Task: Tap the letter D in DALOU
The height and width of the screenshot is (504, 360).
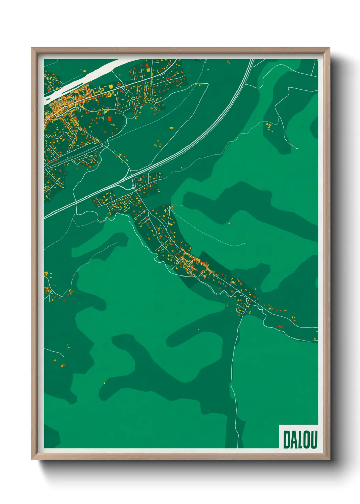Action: (287, 439)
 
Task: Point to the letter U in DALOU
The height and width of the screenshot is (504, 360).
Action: (314, 439)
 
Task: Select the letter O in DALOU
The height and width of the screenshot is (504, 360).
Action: (307, 439)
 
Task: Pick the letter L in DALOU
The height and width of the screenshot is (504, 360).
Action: (299, 439)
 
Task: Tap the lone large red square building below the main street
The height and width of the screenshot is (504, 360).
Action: (109, 119)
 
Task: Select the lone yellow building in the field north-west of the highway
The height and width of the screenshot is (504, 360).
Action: (171, 128)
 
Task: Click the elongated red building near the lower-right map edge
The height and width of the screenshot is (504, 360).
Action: (280, 326)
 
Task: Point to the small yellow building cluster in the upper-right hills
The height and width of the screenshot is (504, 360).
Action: (269, 127)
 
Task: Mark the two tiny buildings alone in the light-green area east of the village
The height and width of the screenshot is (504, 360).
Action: (230, 223)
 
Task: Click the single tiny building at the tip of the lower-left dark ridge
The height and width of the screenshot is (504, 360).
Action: (104, 383)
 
